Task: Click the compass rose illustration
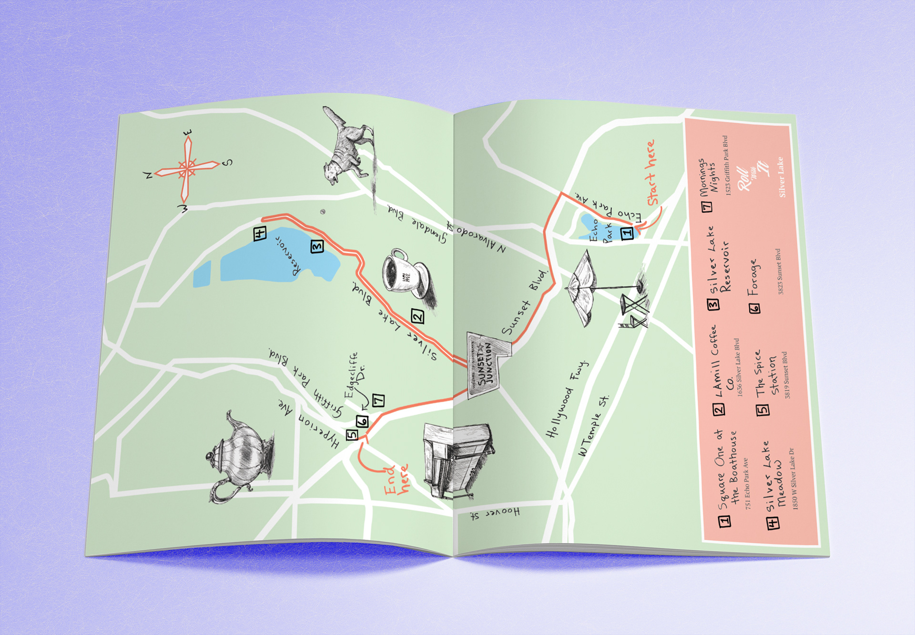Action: (187, 170)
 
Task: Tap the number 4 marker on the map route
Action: (260, 233)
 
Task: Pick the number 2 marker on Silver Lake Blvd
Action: (417, 316)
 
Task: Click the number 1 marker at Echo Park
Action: (627, 232)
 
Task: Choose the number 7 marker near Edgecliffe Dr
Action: (378, 400)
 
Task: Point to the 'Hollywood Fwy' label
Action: (567, 399)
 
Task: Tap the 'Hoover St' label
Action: (496, 513)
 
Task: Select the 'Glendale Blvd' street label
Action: (417, 224)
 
